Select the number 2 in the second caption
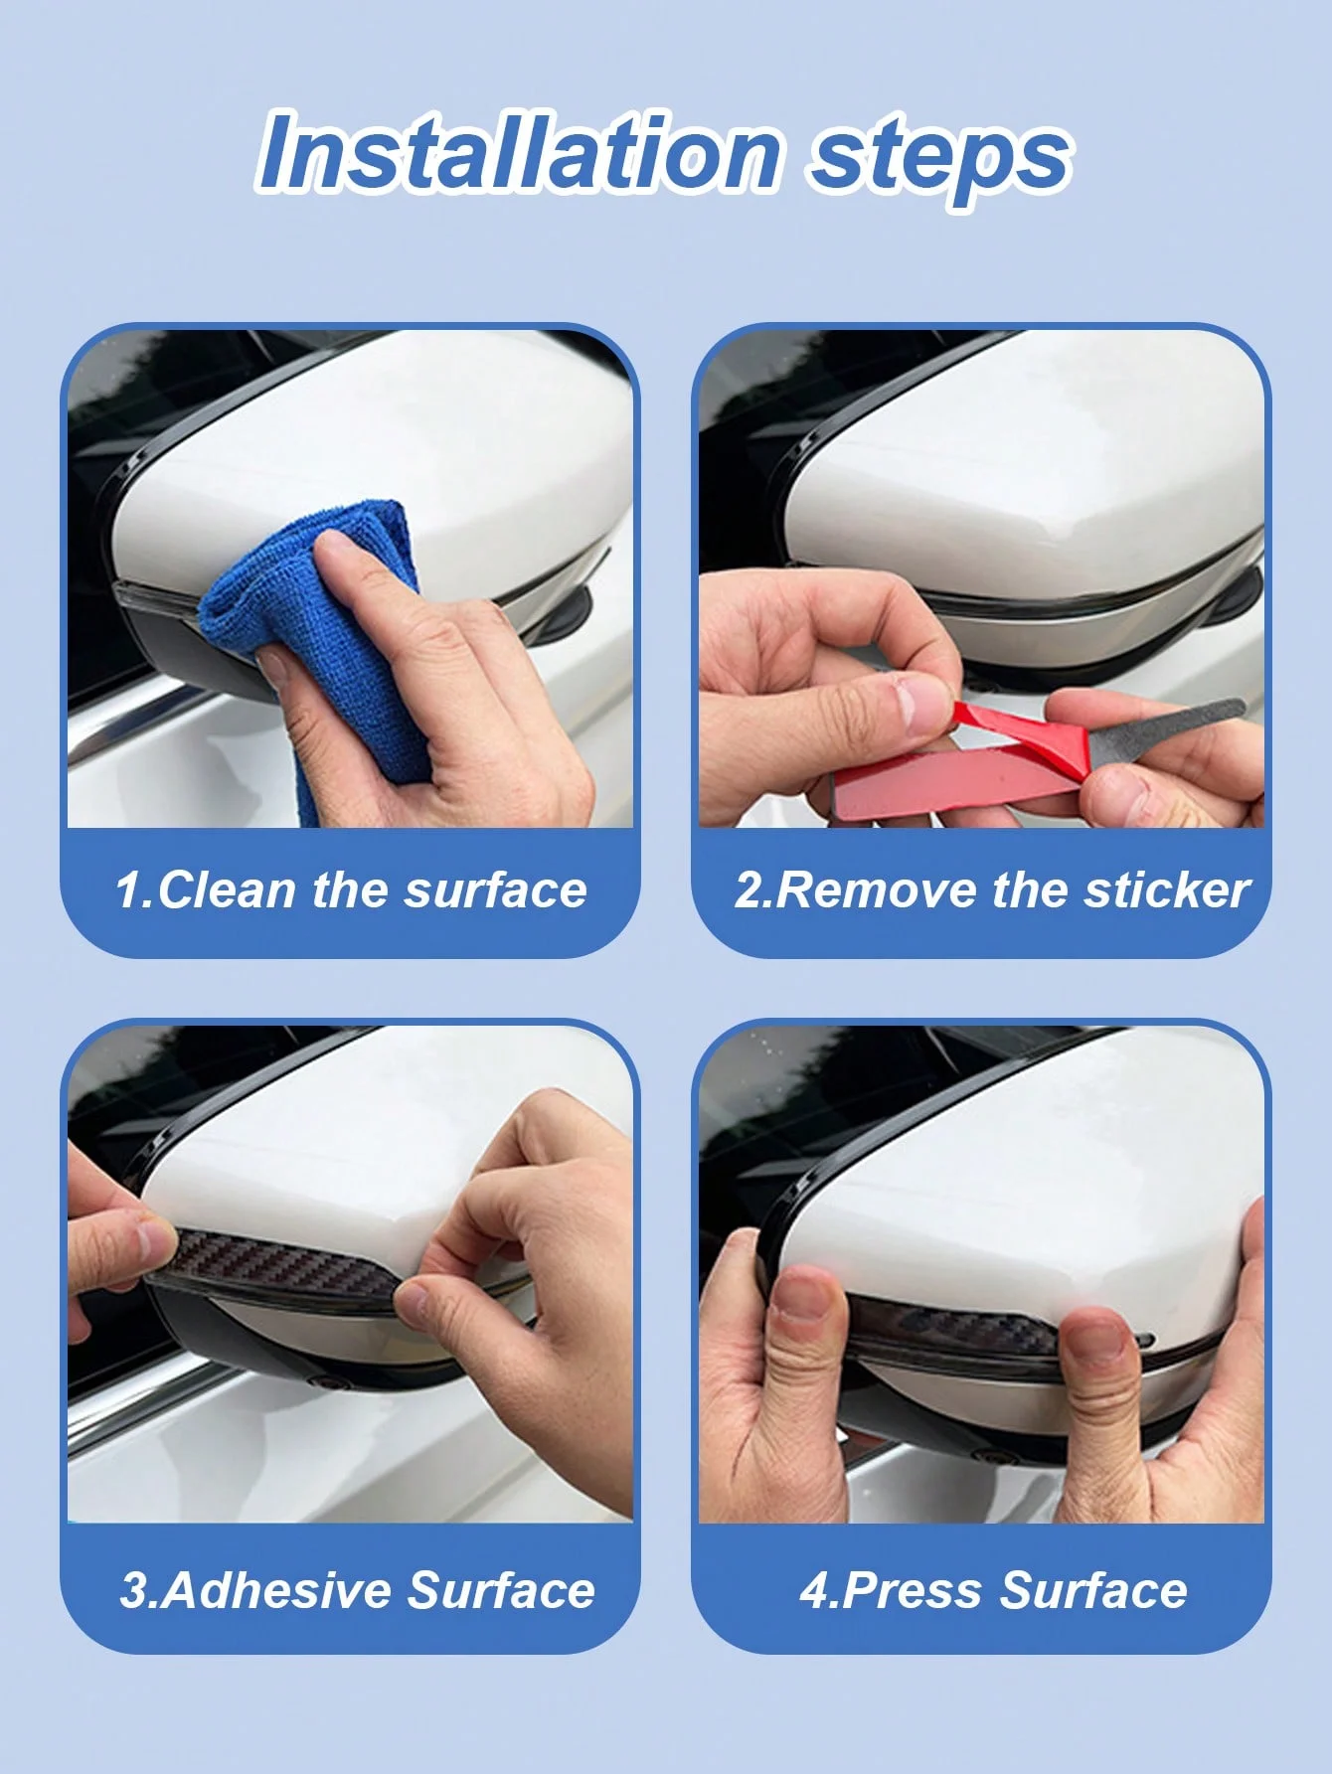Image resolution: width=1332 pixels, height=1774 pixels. pos(747,889)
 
